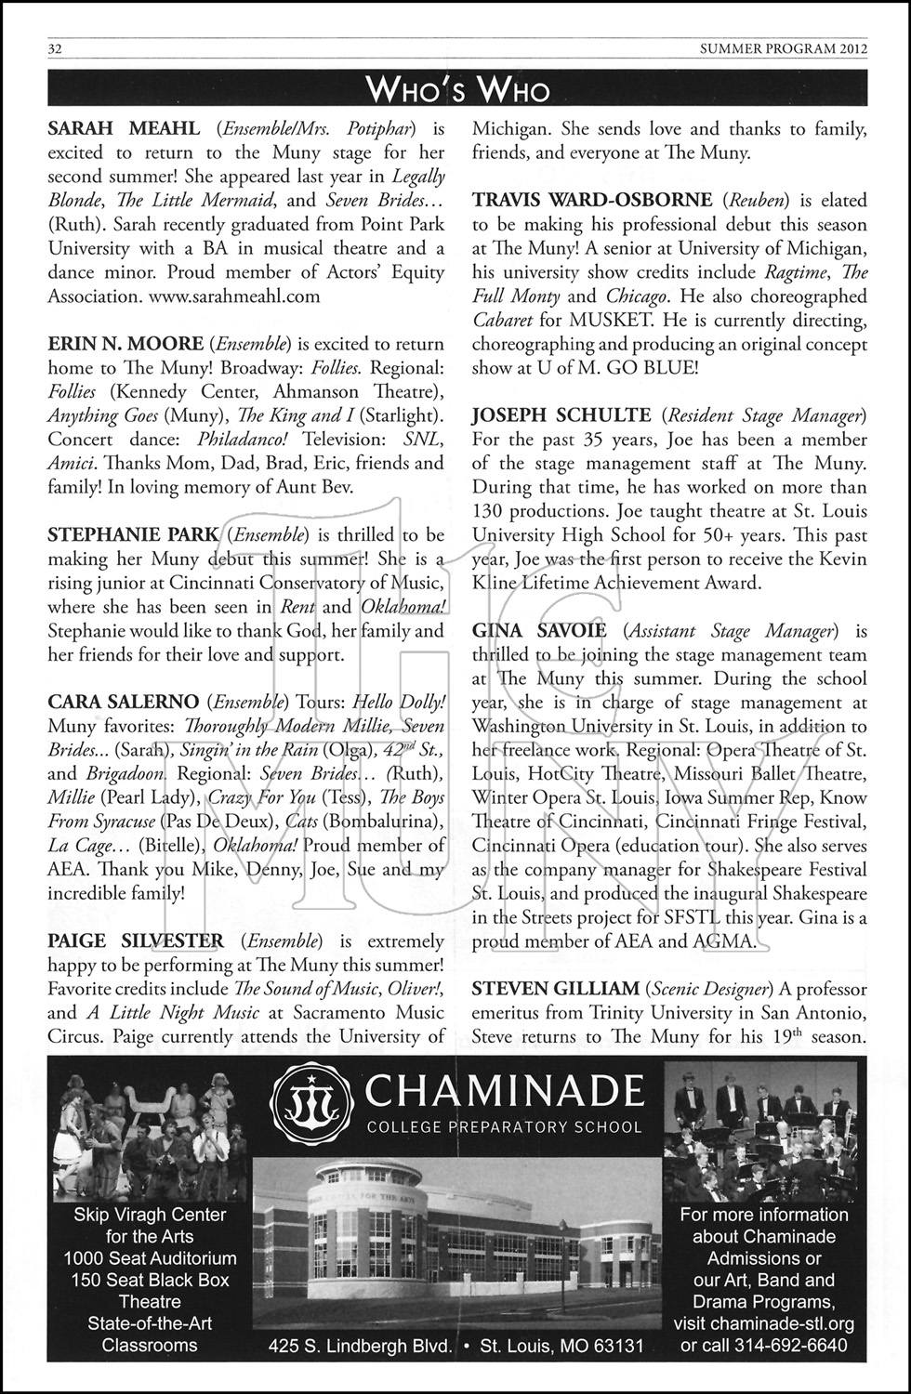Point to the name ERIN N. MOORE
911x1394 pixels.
pos(124,345)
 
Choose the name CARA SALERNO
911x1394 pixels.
pos(123,701)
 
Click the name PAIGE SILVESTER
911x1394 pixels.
pos(136,940)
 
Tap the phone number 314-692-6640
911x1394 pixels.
pos(791,1345)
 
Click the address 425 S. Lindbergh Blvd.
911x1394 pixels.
pos(360,1345)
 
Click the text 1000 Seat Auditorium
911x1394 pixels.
pos(150,1258)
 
